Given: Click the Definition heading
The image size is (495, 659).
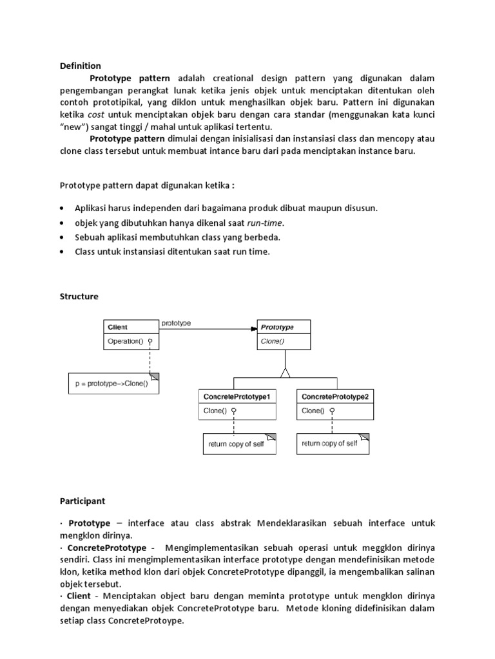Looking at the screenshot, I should pyautogui.click(x=81, y=66).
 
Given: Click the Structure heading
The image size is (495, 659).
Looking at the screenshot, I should pyautogui.click(x=79, y=297).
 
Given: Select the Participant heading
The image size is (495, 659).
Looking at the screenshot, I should pyautogui.click(x=83, y=499).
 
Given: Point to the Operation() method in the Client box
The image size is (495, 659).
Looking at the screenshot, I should pyautogui.click(x=124, y=341).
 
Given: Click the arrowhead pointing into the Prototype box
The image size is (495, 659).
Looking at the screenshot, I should pyautogui.click(x=253, y=329).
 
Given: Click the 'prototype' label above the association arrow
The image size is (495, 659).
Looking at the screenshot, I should pyautogui.click(x=176, y=323).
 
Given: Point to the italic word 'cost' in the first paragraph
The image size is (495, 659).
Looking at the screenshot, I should pyautogui.click(x=87, y=115).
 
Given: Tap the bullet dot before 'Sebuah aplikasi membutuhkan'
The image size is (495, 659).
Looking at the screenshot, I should pyautogui.click(x=61, y=237).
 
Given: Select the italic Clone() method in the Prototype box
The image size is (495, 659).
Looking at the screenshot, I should pyautogui.click(x=273, y=341).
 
